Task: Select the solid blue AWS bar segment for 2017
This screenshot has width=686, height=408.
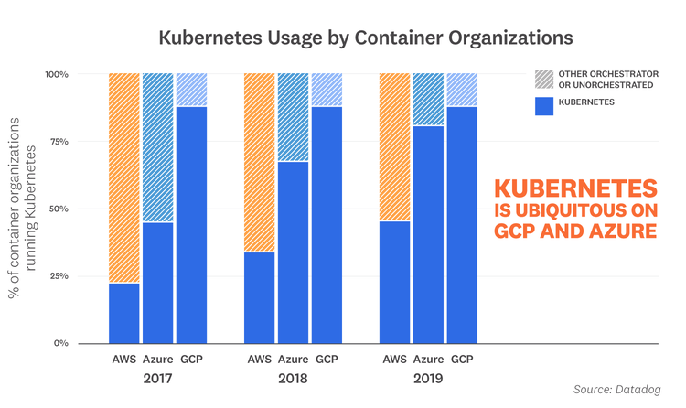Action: [x=124, y=313]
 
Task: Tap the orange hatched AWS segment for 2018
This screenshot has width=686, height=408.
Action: [x=259, y=162]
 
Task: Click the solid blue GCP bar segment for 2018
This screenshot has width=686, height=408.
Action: [x=327, y=225]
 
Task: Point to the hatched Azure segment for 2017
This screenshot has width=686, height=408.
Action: [x=157, y=147]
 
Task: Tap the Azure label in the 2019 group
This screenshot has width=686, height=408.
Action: [x=429, y=359]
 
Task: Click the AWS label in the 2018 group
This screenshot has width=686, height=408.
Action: [x=259, y=359]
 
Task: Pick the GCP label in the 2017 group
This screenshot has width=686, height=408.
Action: [x=192, y=359]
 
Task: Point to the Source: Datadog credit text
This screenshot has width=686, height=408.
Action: [x=616, y=391]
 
